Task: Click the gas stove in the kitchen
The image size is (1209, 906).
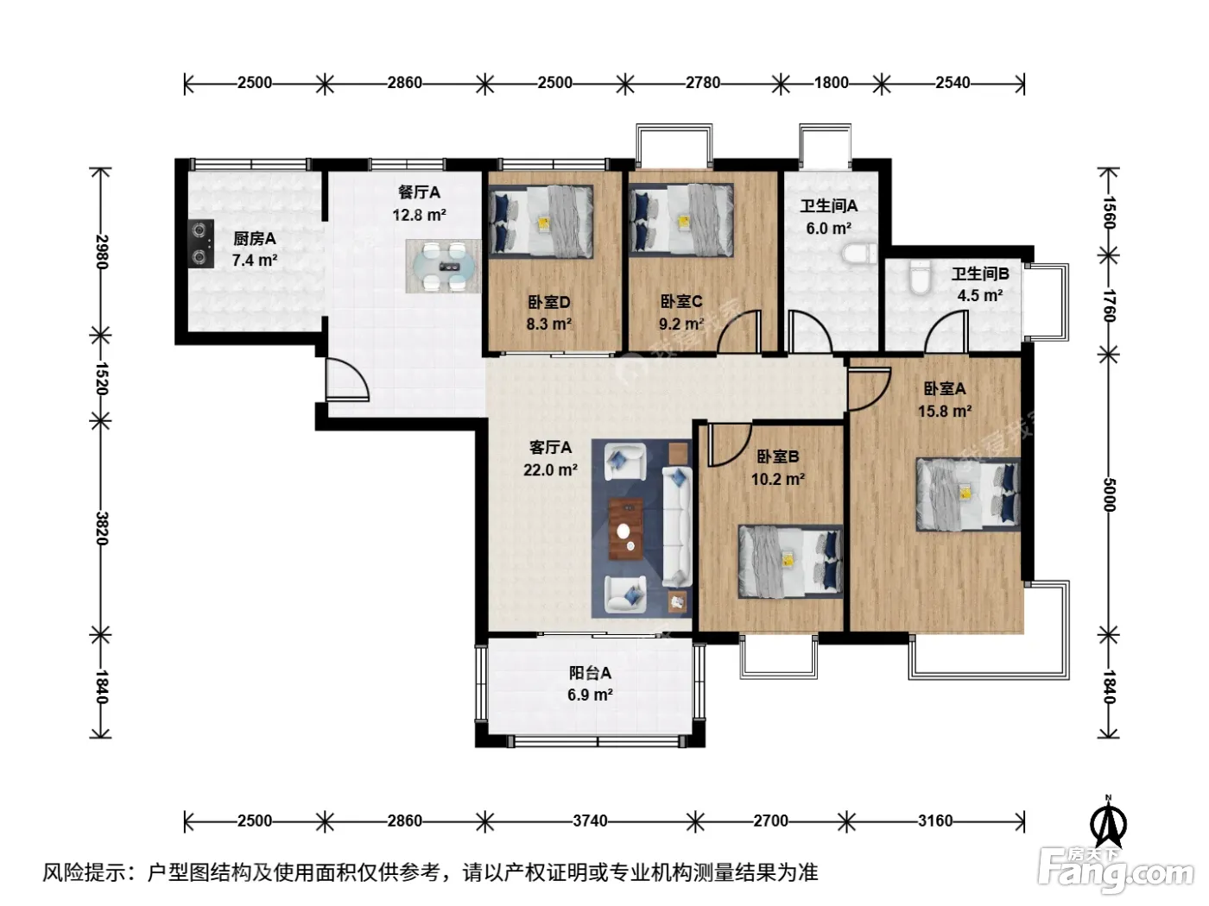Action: (200, 243)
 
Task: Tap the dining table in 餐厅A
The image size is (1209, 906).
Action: (443, 267)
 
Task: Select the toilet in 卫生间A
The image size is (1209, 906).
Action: (859, 255)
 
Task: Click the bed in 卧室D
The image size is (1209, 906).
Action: (541, 221)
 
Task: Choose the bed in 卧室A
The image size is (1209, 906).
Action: (968, 494)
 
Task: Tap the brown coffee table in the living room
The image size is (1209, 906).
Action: (626, 529)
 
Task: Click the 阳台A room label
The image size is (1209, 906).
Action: (590, 673)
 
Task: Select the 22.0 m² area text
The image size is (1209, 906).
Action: (550, 469)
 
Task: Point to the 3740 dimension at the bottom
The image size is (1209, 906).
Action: (590, 821)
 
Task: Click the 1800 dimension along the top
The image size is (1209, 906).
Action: (831, 83)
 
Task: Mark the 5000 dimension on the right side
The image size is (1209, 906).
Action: (1110, 494)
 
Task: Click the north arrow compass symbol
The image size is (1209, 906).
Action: (1108, 821)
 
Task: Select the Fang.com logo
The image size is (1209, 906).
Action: (1116, 871)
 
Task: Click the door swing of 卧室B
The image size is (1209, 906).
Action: (729, 444)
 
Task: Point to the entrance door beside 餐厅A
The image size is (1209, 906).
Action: (346, 380)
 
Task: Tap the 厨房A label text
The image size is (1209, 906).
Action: (255, 238)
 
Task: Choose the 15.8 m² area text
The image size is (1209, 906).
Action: (945, 411)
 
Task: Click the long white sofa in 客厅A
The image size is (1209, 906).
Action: (677, 526)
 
